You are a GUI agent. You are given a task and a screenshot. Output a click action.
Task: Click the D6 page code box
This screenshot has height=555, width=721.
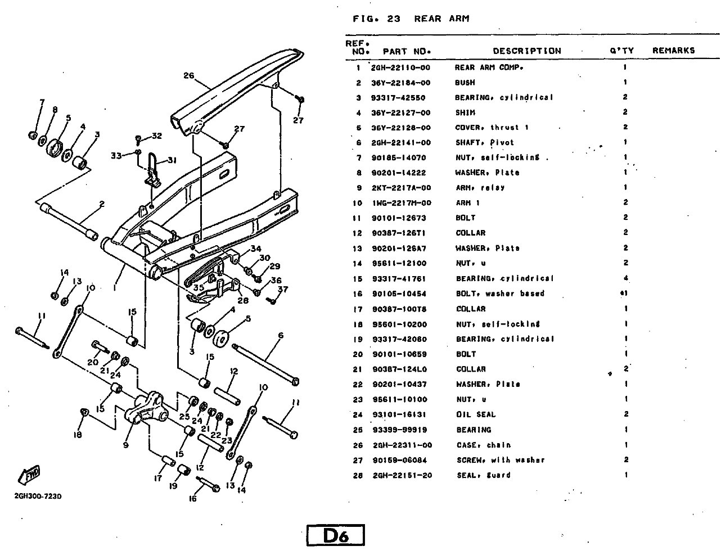tap(336, 535)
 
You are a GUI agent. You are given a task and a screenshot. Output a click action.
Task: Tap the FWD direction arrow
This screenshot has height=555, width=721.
tap(30, 475)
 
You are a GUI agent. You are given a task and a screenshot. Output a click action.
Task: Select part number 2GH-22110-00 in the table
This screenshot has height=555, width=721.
tap(401, 67)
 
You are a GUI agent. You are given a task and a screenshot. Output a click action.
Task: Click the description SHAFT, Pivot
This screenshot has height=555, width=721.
tap(484, 143)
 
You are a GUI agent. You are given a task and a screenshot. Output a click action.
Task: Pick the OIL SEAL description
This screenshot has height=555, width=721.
tap(476, 414)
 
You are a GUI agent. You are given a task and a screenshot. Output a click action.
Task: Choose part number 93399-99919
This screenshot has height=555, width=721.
tap(399, 430)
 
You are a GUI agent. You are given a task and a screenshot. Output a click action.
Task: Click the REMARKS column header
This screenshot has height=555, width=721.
tap(673, 51)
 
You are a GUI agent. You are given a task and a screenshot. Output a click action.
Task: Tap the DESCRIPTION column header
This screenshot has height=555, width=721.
tap(527, 51)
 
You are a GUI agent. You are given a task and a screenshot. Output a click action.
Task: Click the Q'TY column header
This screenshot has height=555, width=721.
tap(621, 51)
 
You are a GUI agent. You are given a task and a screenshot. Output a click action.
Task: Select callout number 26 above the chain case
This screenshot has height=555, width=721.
tap(188, 76)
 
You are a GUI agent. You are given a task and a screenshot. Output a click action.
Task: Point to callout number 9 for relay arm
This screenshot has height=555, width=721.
tap(125, 444)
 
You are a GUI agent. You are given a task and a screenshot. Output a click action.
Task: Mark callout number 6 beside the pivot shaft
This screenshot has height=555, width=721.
tap(280, 336)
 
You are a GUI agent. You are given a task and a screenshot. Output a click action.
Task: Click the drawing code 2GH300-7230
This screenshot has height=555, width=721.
tap(38, 497)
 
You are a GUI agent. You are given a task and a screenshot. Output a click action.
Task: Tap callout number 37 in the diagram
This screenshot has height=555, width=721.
tap(283, 290)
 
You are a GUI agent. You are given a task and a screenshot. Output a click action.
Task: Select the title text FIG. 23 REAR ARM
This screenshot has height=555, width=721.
tap(411, 19)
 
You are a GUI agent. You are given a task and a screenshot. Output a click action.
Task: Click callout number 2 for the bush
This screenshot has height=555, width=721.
tap(102, 204)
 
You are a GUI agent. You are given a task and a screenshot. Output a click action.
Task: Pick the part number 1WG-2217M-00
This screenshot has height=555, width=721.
tap(402, 203)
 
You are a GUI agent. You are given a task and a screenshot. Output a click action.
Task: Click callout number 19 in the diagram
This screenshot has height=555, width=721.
tap(173, 485)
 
